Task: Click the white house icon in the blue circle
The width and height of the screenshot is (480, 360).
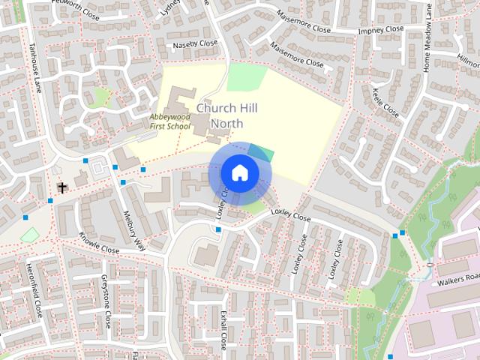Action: pyautogui.click(x=239, y=173)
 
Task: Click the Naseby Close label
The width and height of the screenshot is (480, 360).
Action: pyautogui.click(x=195, y=44)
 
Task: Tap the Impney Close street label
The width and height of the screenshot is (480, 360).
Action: pyautogui.click(x=381, y=31)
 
